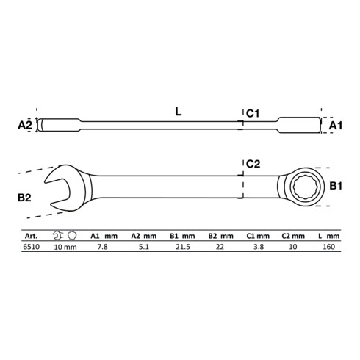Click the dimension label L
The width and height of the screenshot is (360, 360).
179,112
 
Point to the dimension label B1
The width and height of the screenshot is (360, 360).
336,187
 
